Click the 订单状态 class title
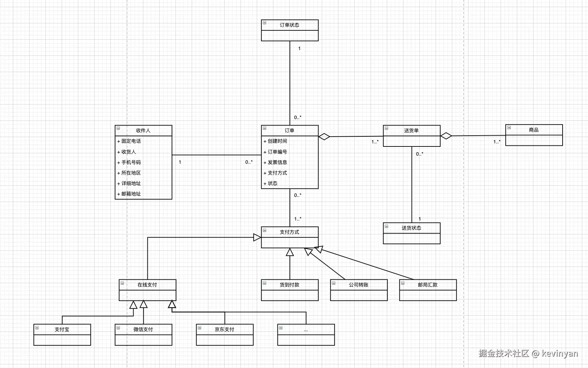[290, 25]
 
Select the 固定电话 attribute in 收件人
[131, 141]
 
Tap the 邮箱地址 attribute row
[131, 194]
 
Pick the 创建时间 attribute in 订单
[277, 141]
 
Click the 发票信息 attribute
[277, 162]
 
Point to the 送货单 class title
[412, 131]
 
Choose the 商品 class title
[534, 130]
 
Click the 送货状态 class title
[412, 228]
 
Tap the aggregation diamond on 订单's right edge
[324, 137]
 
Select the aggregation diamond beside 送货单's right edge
[446, 136]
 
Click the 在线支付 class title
[147, 285]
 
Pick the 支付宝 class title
[62, 329]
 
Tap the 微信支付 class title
[143, 329]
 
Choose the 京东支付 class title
[225, 329]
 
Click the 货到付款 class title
[290, 285]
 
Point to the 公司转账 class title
[359, 285]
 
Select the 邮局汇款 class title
[428, 285]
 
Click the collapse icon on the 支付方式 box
[265, 230]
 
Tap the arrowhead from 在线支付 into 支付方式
[257, 237]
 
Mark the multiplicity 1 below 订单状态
[299, 48]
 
